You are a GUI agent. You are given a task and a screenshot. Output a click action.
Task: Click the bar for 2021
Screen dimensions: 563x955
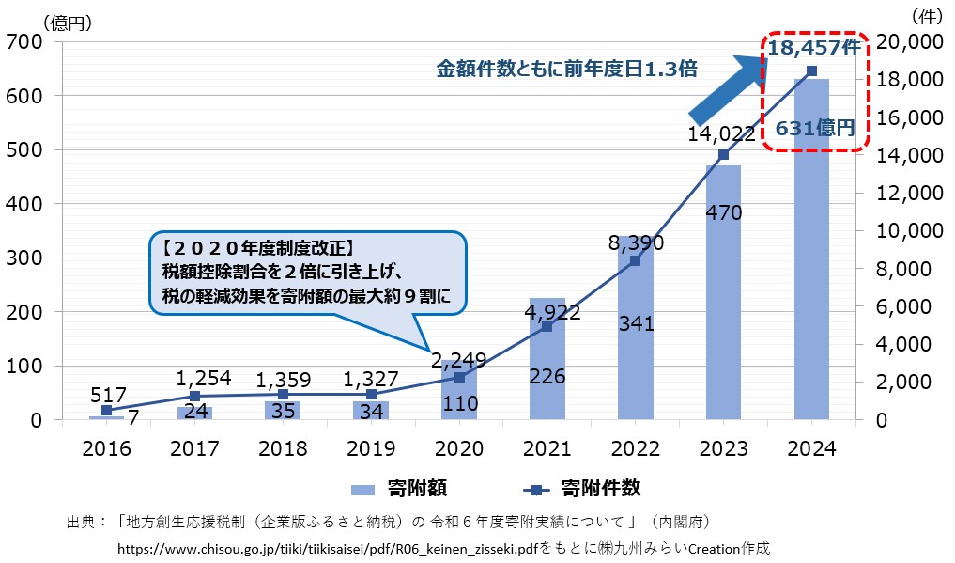[547, 358]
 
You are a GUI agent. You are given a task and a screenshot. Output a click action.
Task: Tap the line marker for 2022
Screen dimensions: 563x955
[635, 260]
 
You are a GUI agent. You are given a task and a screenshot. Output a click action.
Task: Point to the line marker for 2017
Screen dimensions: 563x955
[194, 396]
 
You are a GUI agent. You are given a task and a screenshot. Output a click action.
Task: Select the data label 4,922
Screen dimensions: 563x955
[547, 312]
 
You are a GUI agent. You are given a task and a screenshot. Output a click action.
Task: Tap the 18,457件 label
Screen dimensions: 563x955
[813, 48]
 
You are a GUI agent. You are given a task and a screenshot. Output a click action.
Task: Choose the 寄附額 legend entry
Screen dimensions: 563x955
[405, 488]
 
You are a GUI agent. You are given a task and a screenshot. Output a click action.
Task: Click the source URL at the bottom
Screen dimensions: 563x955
[330, 547]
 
